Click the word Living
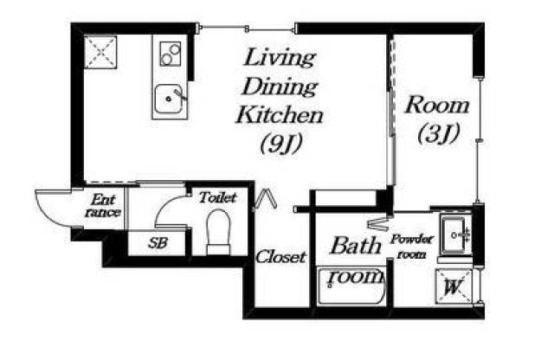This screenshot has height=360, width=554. [280, 58]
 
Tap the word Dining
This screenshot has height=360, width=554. [280, 87]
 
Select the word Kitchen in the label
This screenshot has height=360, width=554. [280, 115]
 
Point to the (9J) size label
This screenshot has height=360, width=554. [281, 145]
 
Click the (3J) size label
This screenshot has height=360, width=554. [438, 134]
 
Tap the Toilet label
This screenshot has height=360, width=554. [217, 197]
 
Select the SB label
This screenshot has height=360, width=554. [158, 243]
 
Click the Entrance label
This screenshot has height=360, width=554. [103, 206]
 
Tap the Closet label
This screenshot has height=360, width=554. [280, 257]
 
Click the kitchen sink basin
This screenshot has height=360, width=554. [169, 100]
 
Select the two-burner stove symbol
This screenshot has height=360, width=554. [171, 54]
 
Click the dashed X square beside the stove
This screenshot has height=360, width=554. [100, 52]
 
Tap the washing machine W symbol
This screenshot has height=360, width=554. [454, 286]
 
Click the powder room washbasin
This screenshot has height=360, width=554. [456, 235]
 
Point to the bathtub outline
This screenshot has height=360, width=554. [352, 286]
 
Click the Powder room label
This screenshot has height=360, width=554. [412, 247]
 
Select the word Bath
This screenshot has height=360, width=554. [356, 246]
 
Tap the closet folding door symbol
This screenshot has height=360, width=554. [266, 200]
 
